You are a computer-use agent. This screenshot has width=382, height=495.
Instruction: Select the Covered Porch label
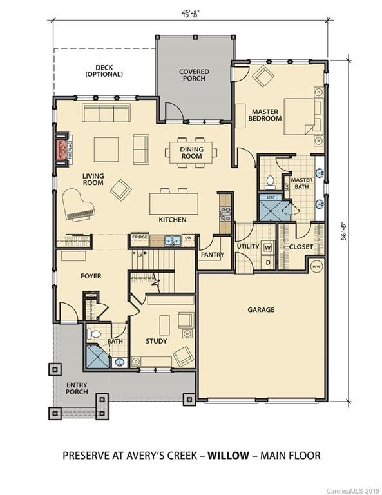point(193,75)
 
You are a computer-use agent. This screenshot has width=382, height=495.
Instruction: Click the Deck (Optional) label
point(104,70)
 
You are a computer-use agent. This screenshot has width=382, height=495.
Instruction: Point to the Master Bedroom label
point(266,115)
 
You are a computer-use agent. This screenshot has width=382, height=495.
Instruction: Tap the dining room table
point(191,153)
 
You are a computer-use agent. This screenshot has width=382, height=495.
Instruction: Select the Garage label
point(261,309)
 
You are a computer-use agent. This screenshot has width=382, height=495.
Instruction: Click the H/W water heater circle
point(316,267)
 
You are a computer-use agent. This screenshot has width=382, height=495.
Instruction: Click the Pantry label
point(211,255)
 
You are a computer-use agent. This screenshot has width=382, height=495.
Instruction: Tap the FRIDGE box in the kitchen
point(140,237)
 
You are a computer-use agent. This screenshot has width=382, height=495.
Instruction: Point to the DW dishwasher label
point(187,237)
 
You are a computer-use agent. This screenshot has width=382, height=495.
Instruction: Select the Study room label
point(157,341)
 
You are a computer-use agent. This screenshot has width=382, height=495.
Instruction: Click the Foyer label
point(91,276)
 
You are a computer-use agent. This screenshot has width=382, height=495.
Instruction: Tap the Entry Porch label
point(77,389)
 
